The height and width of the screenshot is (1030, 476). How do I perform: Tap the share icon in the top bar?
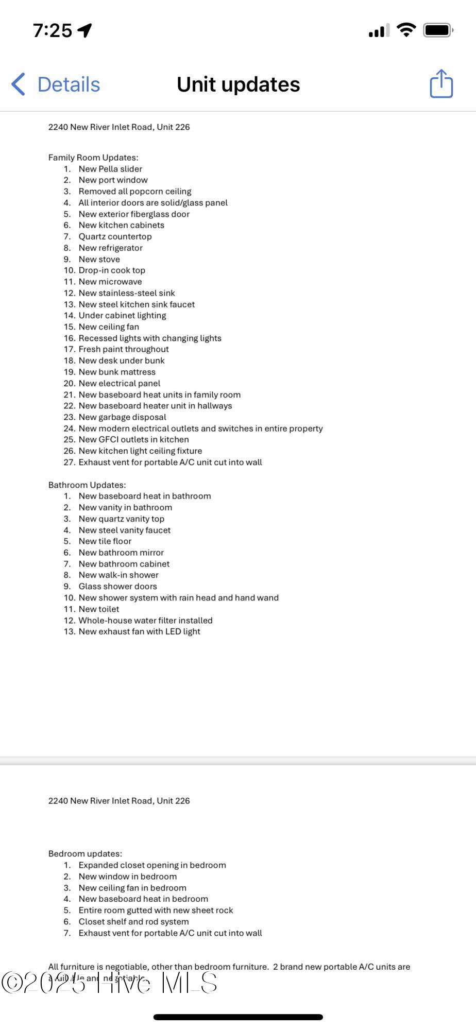441,83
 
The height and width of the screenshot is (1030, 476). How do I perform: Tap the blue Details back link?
56,84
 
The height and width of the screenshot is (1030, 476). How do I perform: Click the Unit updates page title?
238,84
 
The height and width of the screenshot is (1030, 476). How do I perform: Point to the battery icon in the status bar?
438,30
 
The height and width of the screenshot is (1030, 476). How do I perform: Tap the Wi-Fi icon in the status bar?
406,30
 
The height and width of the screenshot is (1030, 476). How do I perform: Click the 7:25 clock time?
52,30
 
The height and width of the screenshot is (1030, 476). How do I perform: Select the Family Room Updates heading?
93,158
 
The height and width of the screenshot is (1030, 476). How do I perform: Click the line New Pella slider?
110,169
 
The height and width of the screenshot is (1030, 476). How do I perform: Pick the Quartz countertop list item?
115,236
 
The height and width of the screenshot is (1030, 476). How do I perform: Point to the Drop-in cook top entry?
112,270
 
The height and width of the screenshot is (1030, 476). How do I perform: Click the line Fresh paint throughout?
124,349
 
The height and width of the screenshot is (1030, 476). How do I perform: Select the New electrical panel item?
119,383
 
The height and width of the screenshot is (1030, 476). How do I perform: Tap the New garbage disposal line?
122,417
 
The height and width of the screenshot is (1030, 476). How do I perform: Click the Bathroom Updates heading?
87,485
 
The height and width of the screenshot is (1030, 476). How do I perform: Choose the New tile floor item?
105,541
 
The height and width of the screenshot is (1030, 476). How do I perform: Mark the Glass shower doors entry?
117,587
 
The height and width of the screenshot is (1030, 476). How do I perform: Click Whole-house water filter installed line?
145,621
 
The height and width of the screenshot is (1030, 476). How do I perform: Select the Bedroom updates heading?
85,854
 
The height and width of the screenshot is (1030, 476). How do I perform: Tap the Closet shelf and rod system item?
133,922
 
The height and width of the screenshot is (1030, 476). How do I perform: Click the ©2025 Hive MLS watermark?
109,983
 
